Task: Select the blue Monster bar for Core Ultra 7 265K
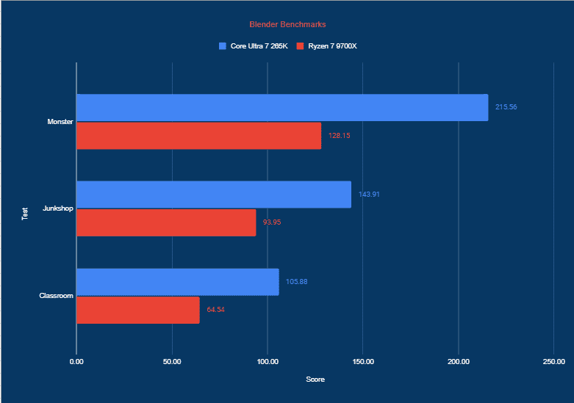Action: (282, 107)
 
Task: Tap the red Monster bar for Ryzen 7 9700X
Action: (198, 136)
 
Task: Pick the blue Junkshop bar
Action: (213, 195)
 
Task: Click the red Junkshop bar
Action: (166, 222)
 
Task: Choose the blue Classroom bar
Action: (177, 282)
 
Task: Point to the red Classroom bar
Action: (137, 310)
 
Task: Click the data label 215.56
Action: (506, 107)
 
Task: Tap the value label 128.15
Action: (340, 136)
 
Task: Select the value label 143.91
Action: (369, 195)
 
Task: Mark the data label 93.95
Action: (272, 222)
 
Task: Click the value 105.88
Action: (297, 282)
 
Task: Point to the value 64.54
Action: (215, 310)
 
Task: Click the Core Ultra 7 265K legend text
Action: (259, 46)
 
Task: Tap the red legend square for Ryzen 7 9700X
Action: (300, 46)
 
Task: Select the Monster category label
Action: (60, 122)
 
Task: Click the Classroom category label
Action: (56, 296)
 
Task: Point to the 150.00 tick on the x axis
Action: (363, 361)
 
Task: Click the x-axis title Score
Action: (315, 380)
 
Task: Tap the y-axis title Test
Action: (25, 214)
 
